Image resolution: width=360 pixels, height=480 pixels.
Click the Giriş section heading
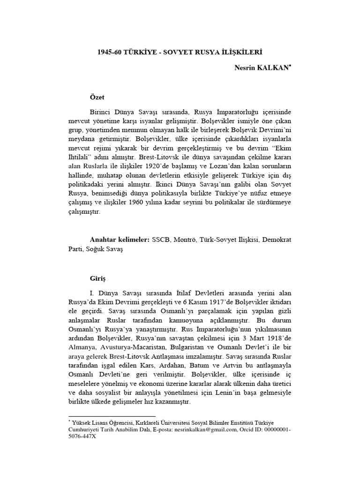click(97, 278)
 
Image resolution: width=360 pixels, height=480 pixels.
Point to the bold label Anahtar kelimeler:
click(119, 240)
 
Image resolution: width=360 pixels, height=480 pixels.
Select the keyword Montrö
click(185, 240)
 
